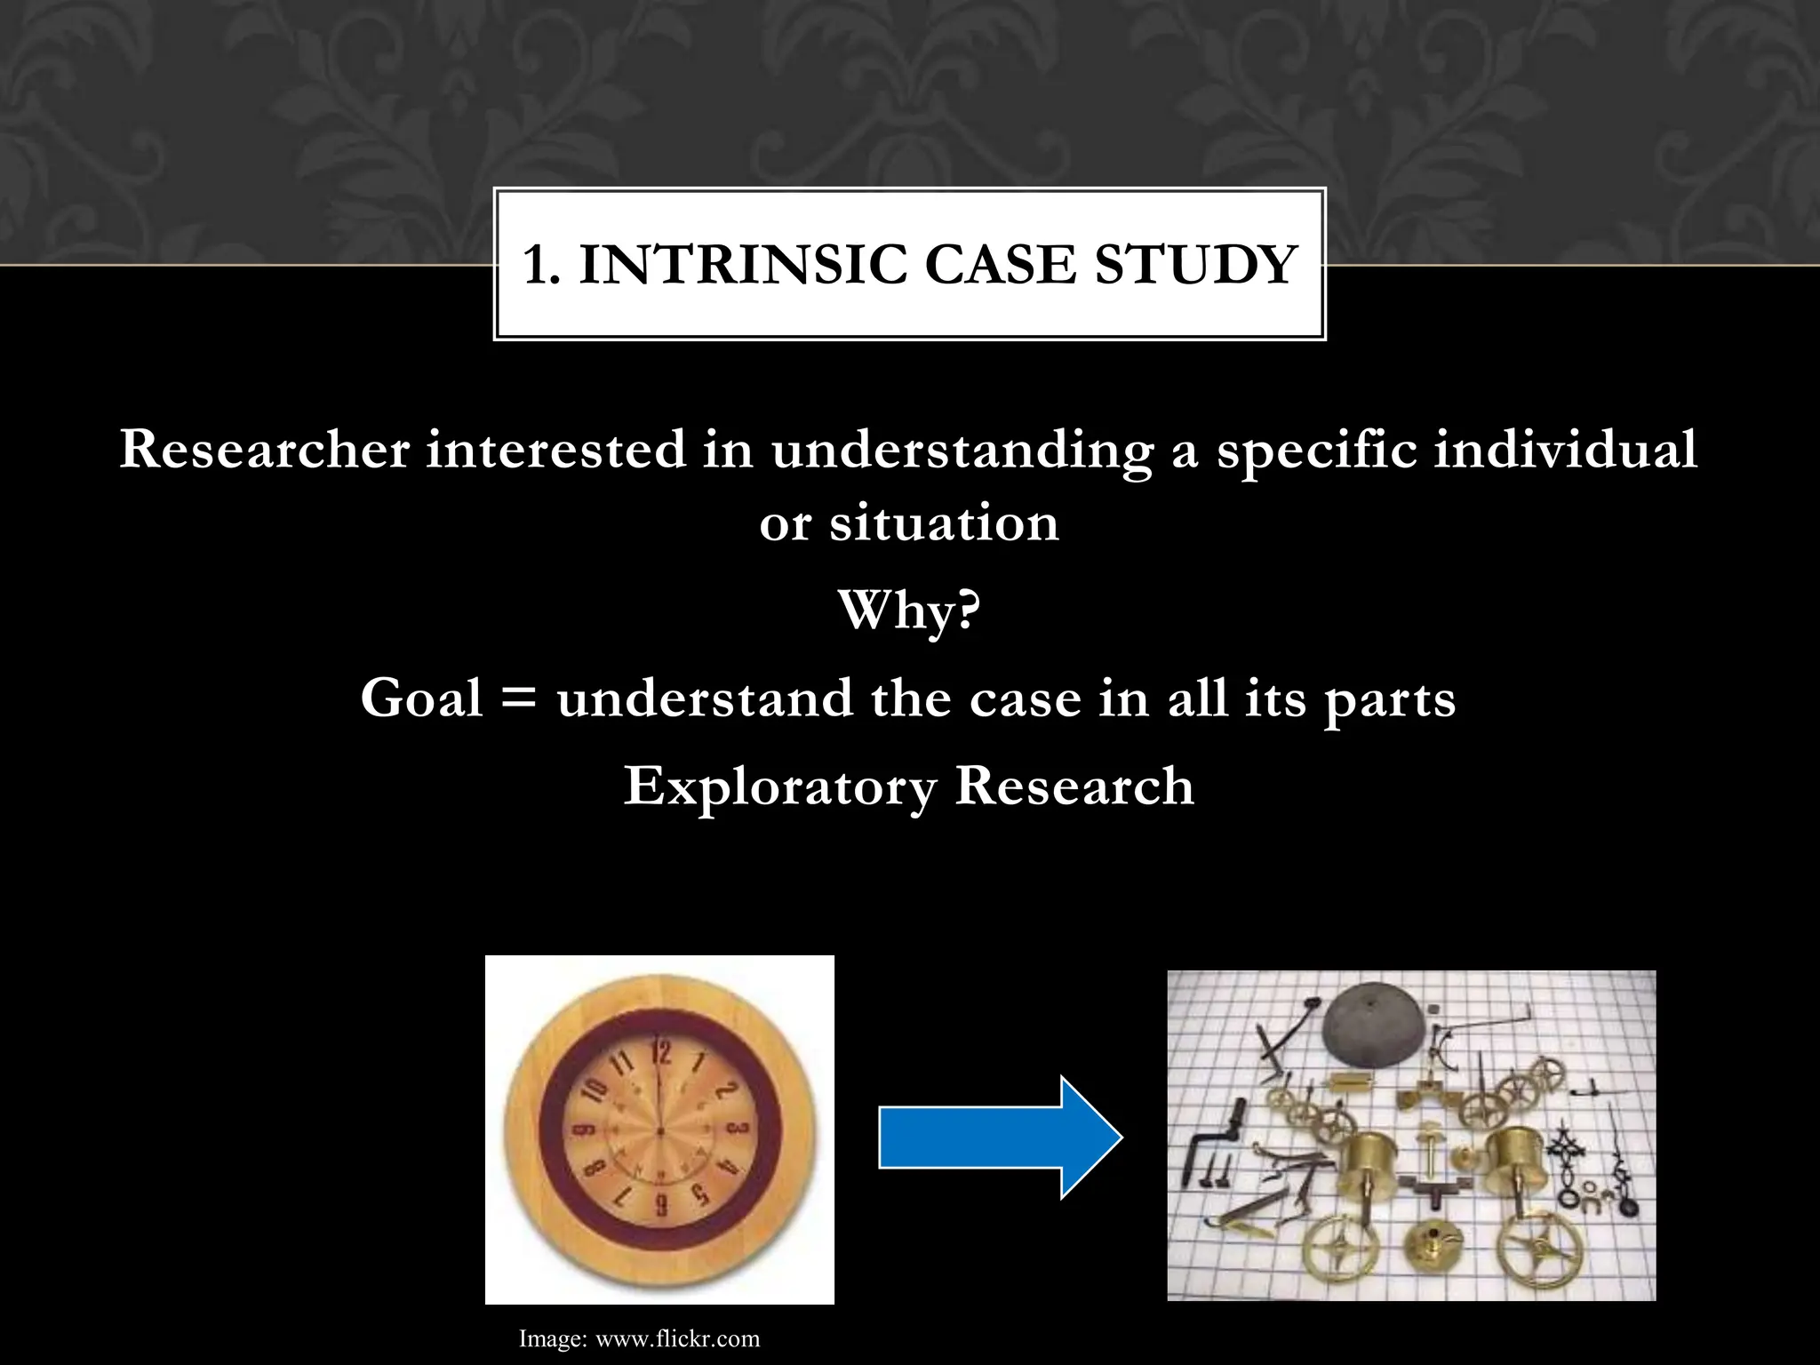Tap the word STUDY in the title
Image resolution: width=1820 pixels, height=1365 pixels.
coord(1195,265)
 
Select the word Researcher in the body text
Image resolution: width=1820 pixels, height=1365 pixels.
coord(264,449)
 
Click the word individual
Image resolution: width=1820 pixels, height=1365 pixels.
coord(1565,449)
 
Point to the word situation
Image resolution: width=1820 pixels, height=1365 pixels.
coord(944,523)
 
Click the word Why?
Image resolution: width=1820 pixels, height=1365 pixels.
coord(909,611)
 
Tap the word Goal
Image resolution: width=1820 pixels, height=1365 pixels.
coord(421,698)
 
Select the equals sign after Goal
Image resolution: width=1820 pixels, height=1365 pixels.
coord(519,698)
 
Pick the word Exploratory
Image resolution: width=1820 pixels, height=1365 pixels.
coord(779,787)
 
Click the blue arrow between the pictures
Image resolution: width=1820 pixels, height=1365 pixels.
coord(1000,1137)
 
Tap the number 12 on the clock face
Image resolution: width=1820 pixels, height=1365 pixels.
coord(661,1054)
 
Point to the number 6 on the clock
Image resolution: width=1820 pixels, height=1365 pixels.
coord(660,1206)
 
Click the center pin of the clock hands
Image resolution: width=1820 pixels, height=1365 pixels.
coord(660,1130)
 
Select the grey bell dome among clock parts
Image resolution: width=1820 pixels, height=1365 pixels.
coord(1374,1022)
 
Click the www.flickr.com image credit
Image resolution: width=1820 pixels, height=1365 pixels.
coord(677,1339)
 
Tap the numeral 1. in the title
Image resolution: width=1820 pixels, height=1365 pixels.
coord(541,265)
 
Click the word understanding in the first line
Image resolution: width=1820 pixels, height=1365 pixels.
coord(962,451)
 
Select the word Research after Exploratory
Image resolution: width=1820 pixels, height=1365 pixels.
coord(1074,786)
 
